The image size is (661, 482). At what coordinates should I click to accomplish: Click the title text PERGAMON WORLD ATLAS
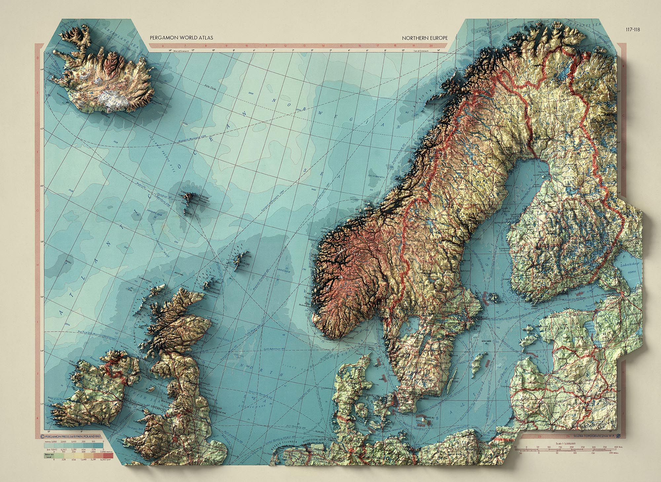point(181,38)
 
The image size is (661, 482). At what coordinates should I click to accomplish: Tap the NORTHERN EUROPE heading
point(425,38)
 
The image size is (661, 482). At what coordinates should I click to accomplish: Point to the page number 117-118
point(633,29)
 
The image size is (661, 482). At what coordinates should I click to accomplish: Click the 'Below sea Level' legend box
point(48,456)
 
